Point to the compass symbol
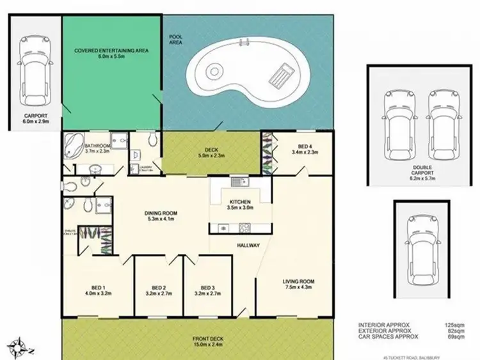[x=20, y=348]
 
